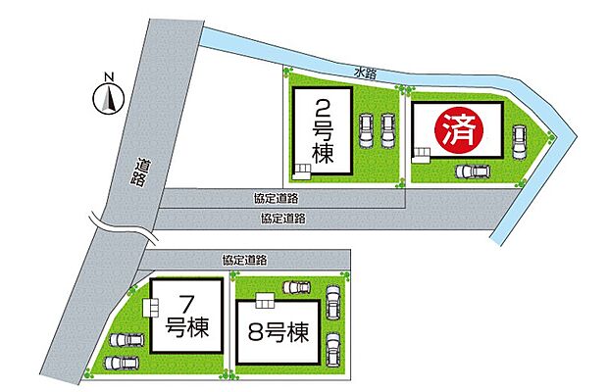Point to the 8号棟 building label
tap(278, 330)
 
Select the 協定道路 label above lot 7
tap(245, 260)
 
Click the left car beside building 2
tap(367, 131)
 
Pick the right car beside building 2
tap(387, 131)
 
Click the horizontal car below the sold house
tap(473, 171)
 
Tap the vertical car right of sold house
tap(519, 143)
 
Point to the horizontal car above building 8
tap(296, 287)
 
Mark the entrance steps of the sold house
tap(421, 153)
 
